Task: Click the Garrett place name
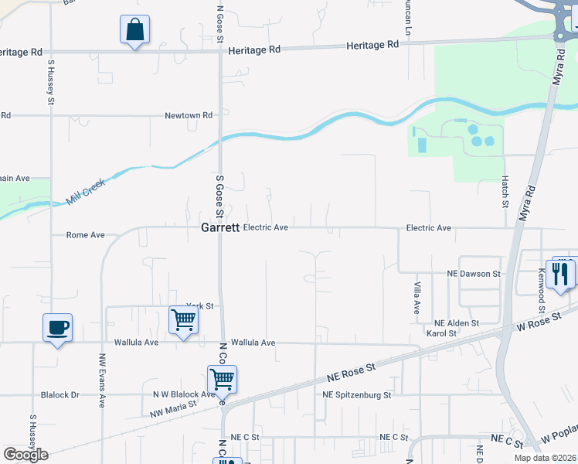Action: pos(219,228)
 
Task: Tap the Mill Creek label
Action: pos(84,193)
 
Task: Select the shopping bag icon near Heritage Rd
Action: pos(134,30)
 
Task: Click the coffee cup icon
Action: pos(57,328)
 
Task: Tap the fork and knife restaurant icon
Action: pos(560,273)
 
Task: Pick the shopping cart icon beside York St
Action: pos(183,319)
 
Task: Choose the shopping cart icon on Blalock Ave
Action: pos(222,379)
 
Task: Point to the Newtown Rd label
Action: pos(189,115)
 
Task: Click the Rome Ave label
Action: pos(85,234)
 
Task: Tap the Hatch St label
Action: pos(504,193)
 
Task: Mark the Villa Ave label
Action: pos(416,297)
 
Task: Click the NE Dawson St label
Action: pos(474,274)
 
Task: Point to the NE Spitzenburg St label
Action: pos(357,394)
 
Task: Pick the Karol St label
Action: pos(442,333)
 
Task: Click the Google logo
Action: pos(25,454)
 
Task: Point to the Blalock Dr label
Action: pos(59,394)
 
